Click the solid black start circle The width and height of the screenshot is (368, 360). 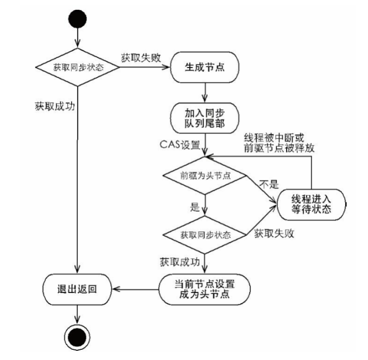point(78,18)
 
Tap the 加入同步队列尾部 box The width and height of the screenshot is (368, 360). point(204,118)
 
